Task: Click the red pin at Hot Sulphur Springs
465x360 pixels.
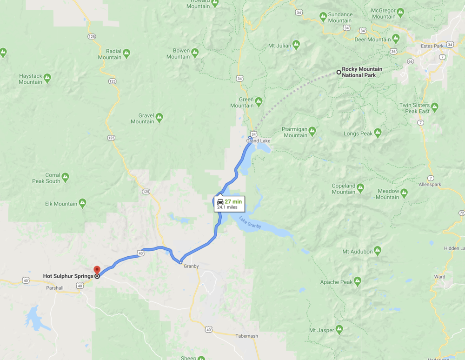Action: [97, 270]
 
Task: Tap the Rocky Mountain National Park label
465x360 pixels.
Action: [362, 72]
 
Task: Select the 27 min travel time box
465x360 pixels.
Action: [229, 204]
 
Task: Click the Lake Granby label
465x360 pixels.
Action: [250, 222]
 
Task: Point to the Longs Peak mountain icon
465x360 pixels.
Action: [378, 133]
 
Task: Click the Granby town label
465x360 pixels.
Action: [191, 267]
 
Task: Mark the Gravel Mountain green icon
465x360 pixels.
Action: [159, 117]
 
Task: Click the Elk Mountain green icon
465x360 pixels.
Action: [82, 203]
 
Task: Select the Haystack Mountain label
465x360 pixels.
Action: [30, 79]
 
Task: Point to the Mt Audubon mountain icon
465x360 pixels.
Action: [377, 251]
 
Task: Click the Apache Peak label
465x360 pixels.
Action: [336, 282]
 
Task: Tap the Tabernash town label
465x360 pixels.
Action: [246, 336]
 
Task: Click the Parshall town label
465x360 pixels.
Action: [54, 288]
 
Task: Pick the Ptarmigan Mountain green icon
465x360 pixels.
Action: [312, 131]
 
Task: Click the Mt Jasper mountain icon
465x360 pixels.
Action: [339, 330]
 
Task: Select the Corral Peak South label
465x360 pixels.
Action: [46, 178]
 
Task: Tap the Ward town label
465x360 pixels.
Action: [439, 277]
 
